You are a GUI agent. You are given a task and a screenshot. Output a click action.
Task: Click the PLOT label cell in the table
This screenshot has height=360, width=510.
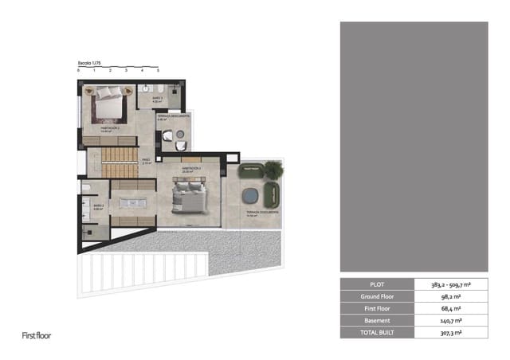pos(377,284)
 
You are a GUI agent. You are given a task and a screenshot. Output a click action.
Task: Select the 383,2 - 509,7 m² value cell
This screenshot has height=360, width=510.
pos(451,284)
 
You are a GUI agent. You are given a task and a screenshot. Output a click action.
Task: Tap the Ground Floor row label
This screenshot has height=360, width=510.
pos(377,296)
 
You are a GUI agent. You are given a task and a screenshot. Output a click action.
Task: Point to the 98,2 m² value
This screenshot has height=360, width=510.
pos(451,296)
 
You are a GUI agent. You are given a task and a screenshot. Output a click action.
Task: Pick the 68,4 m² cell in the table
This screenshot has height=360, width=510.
pos(451,308)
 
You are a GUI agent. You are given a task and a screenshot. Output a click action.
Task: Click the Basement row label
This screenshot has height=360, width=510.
pos(377,320)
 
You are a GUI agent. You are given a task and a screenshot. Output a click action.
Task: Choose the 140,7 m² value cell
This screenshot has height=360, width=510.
pos(451,320)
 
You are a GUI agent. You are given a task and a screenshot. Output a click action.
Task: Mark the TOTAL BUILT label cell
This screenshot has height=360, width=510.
pos(377,332)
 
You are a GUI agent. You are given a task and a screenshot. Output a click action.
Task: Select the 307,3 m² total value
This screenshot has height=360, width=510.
pos(451,332)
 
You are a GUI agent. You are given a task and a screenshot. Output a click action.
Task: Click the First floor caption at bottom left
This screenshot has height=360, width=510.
pos(35,336)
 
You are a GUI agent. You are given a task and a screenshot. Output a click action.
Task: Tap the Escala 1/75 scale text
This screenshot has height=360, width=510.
pos(90,62)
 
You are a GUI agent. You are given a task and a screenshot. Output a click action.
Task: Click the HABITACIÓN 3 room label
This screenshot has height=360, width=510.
pos(190,169)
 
